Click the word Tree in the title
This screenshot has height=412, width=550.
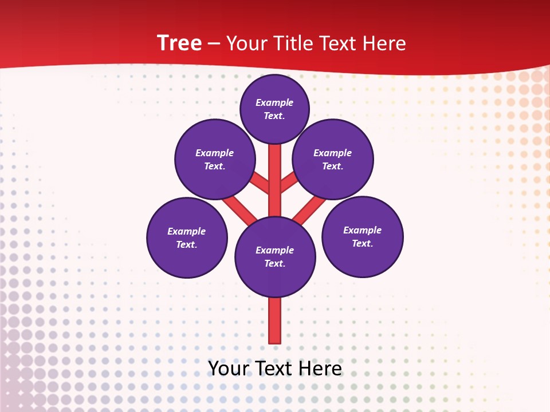pyautogui.click(x=179, y=43)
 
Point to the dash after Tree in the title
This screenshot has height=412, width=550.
pyautogui.click(x=215, y=44)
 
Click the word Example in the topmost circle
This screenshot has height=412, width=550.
pyautogui.click(x=274, y=103)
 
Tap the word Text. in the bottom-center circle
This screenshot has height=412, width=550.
pyautogui.click(x=274, y=264)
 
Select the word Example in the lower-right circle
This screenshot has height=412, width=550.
pyautogui.click(x=362, y=231)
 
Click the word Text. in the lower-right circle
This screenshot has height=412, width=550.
pyautogui.click(x=362, y=244)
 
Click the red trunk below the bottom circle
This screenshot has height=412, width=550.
pyautogui.click(x=275, y=320)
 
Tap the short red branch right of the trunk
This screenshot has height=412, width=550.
pyautogui.click(x=289, y=183)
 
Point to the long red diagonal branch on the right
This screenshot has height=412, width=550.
pyautogui.click(x=310, y=209)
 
